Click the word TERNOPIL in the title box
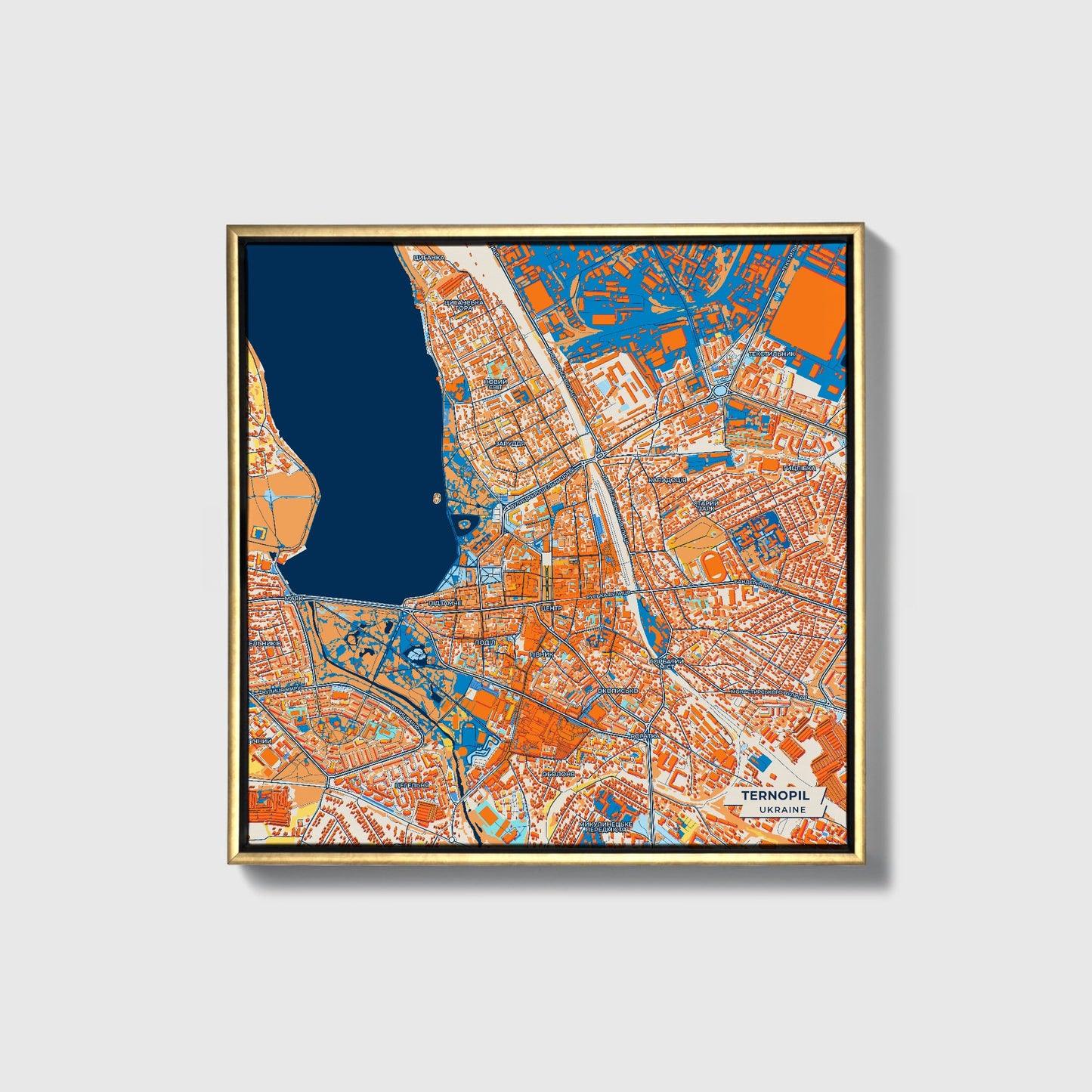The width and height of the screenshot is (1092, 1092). point(775,796)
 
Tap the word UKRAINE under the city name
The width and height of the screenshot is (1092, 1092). point(782,809)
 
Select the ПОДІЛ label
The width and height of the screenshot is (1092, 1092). point(484,642)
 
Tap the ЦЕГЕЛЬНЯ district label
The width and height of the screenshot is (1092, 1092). point(413,785)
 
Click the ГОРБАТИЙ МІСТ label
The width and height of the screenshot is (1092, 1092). point(666,664)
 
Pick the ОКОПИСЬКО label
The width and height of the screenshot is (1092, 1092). point(617,691)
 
